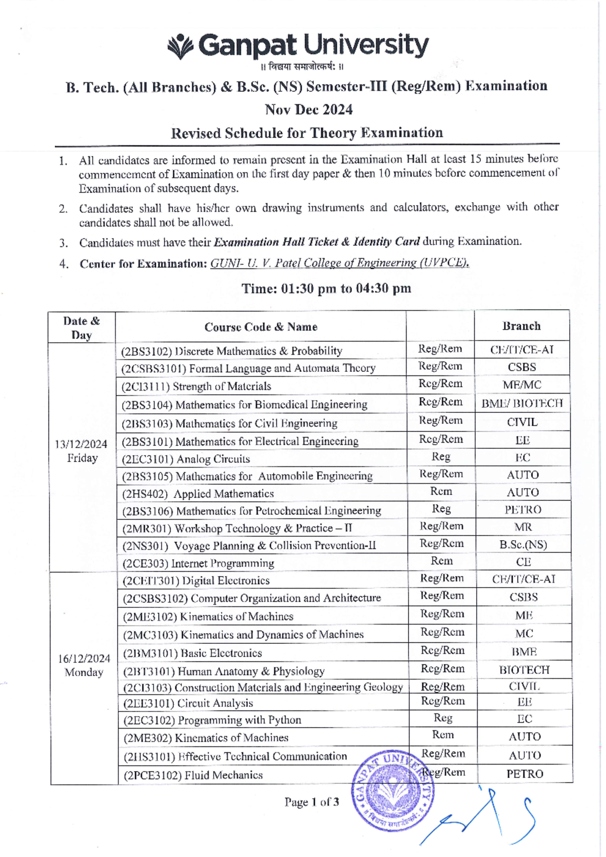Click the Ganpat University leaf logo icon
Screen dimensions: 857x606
click(x=180, y=47)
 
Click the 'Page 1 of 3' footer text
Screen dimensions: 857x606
click(x=312, y=802)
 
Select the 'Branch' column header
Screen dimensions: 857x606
click(x=521, y=326)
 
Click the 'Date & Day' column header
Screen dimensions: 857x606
click(x=81, y=328)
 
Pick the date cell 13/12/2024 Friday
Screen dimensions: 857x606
click(x=81, y=451)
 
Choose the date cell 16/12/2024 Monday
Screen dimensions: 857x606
click(x=84, y=665)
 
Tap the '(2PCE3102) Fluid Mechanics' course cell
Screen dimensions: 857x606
click(x=193, y=775)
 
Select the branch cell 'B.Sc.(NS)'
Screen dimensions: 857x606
click(x=523, y=545)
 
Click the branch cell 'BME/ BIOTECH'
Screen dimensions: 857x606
click(x=522, y=403)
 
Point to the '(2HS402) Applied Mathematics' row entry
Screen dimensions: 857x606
click(x=198, y=494)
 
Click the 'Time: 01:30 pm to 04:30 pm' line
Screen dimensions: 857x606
click(x=326, y=289)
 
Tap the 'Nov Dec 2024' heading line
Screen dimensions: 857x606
click(x=309, y=110)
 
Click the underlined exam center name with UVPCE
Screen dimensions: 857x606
click(x=339, y=263)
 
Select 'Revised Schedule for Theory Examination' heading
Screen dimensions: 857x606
click(x=307, y=133)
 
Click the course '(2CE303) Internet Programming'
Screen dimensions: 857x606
click(x=198, y=563)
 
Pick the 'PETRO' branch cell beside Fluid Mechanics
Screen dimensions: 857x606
click(x=525, y=774)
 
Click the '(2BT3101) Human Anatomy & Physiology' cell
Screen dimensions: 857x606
click(x=224, y=671)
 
